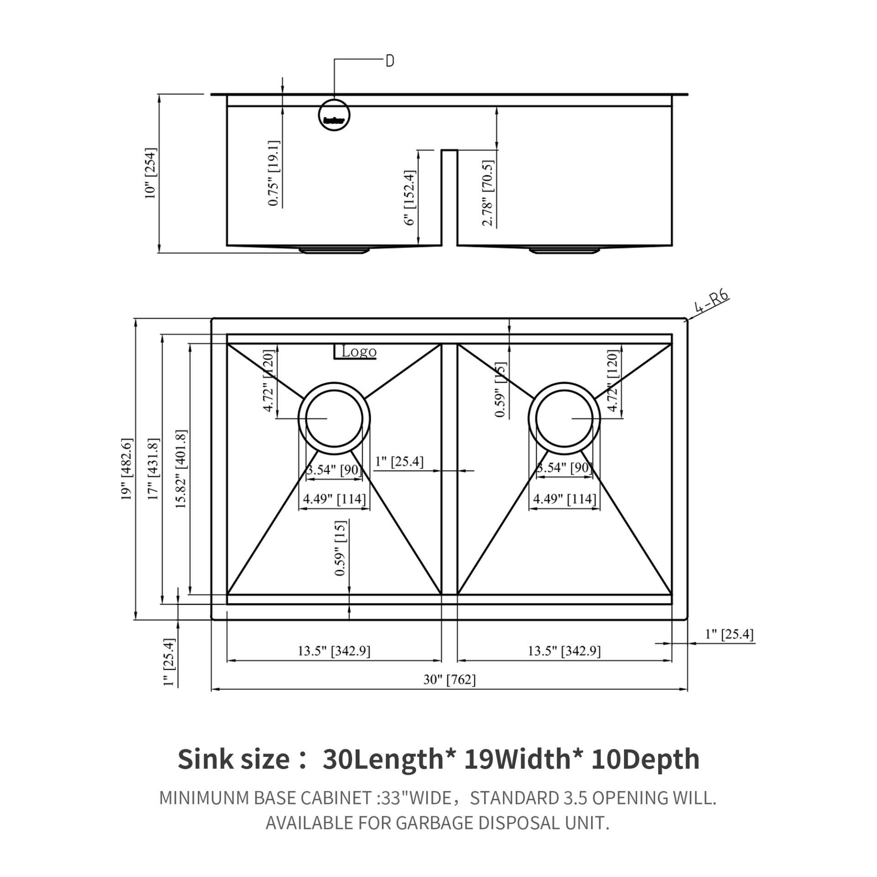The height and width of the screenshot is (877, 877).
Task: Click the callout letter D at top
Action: click(390, 61)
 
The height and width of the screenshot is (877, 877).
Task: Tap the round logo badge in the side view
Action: click(334, 114)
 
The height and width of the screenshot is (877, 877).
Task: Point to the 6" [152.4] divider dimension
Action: click(409, 197)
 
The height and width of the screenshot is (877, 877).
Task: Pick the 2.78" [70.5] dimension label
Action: click(487, 193)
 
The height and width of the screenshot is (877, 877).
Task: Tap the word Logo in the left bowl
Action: click(359, 352)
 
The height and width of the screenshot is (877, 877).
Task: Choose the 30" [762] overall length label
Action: click(449, 692)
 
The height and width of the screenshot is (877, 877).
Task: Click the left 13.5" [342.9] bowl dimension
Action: click(334, 651)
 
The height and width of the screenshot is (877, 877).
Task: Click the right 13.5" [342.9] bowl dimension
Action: click(564, 651)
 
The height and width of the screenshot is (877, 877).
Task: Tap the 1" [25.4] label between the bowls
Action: click(399, 462)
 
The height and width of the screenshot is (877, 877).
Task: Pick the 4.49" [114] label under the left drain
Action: click(334, 499)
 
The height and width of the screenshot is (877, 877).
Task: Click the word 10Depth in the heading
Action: click(645, 760)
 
